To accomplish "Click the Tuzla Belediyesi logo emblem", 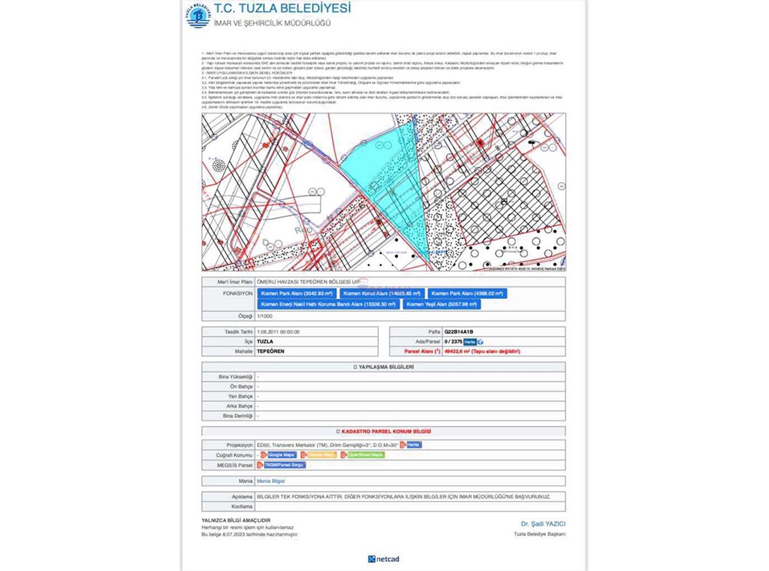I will [x=198, y=15].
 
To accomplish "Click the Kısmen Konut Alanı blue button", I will [x=382, y=294].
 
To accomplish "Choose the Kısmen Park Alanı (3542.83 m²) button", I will [x=296, y=294].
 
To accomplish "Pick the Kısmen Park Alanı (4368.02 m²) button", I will [x=467, y=294].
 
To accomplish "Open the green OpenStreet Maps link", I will [x=365, y=455].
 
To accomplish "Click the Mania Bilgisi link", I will [x=271, y=481].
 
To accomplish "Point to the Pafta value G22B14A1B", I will [x=459, y=331].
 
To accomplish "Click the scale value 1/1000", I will [x=265, y=316].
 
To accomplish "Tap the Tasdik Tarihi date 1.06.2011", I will [x=278, y=331].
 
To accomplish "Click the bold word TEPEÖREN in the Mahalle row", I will [x=271, y=351].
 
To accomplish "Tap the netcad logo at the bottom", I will [x=384, y=559].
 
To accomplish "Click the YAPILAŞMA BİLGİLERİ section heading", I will [x=384, y=367].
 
